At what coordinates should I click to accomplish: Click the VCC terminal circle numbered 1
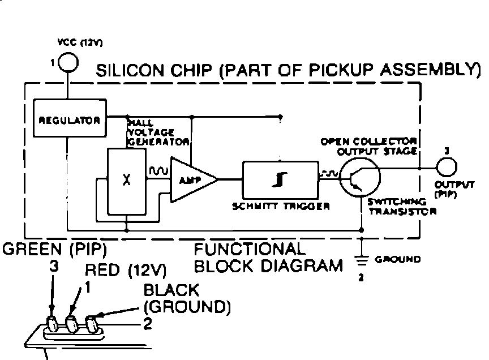coord(68,61)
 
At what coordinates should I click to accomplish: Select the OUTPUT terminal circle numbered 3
coord(447,168)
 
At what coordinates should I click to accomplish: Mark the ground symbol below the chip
coord(361,260)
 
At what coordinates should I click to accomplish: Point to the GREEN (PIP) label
coord(55,249)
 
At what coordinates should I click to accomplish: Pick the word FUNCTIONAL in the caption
coord(250,250)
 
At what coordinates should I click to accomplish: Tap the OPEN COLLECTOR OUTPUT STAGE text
coord(369,146)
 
